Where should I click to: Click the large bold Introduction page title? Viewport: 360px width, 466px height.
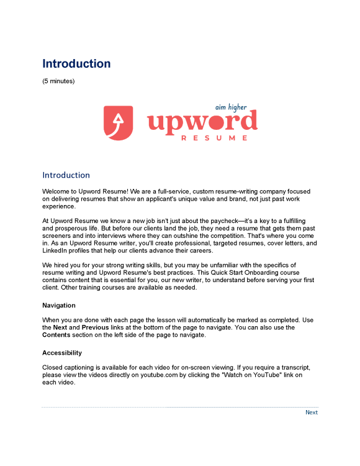(76, 63)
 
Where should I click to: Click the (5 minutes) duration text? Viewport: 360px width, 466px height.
(58, 81)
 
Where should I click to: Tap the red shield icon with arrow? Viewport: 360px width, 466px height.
(119, 122)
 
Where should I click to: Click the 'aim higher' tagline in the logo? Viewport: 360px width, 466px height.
(230, 107)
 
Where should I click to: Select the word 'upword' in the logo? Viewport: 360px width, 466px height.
(202, 122)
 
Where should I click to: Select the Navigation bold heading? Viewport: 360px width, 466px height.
(59, 305)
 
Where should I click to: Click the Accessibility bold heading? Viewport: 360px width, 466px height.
(63, 353)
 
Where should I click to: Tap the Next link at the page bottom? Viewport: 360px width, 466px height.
(312, 412)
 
